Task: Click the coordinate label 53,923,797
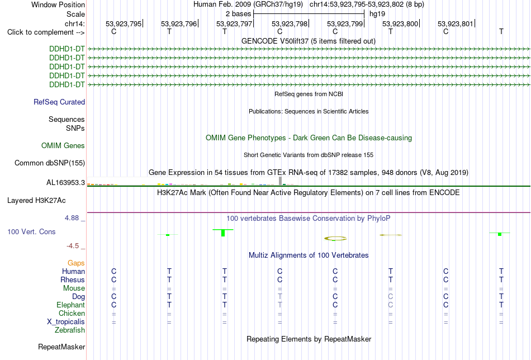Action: coord(234,23)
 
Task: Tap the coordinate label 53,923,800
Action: coord(400,23)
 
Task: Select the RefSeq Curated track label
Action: coord(59,102)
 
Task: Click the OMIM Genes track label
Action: coord(63,146)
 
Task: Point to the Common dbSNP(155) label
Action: coord(50,163)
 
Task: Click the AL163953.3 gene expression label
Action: coord(66,183)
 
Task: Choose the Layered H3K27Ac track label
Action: coord(36,201)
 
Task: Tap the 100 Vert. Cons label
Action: coord(31,231)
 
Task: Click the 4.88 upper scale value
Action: coord(72,218)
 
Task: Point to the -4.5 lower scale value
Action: coord(73,246)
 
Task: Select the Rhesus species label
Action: coord(73,280)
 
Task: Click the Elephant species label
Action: coord(71,305)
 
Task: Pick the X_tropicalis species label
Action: coord(66,322)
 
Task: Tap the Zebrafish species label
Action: coord(70,330)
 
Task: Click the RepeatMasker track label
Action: coord(61,347)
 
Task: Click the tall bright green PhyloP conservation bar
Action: coord(223,233)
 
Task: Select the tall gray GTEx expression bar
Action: coord(280,181)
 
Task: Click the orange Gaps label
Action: coord(76,263)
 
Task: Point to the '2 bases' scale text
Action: coord(239,14)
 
